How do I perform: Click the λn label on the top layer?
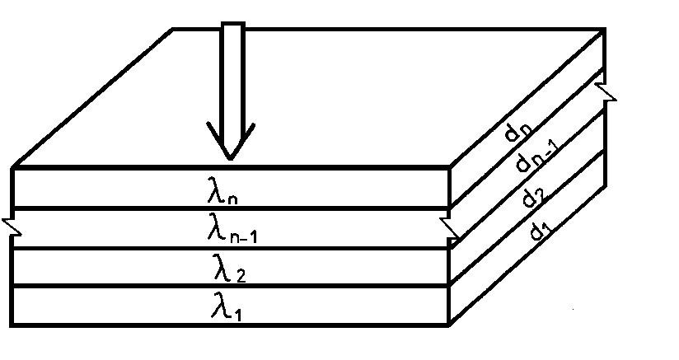(x=225, y=192)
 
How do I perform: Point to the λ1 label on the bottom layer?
(x=228, y=306)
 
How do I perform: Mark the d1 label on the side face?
(x=540, y=231)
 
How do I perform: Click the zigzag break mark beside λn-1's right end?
(x=450, y=228)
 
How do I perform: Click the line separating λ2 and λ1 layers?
(x=231, y=286)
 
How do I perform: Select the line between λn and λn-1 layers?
(x=231, y=208)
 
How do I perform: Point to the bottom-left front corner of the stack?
(x=14, y=325)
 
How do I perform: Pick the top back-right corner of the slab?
(x=605, y=30)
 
